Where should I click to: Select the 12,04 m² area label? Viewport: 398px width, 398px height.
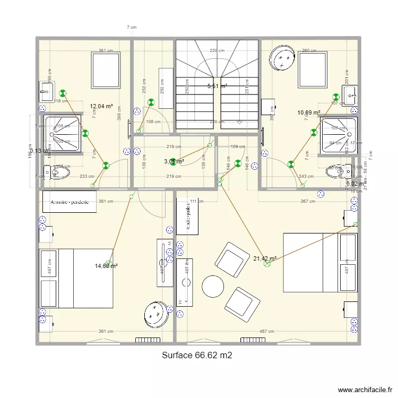pyautogui.click(x=101, y=106)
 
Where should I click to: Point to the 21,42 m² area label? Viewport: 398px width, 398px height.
pyautogui.click(x=265, y=259)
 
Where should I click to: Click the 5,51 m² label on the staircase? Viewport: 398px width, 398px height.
pyautogui.click(x=217, y=86)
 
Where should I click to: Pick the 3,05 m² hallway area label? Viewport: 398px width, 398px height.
pyautogui.click(x=174, y=161)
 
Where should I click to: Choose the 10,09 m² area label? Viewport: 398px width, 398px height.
pyautogui.click(x=308, y=113)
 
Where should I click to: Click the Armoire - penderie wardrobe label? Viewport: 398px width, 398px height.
pyautogui.click(x=70, y=202)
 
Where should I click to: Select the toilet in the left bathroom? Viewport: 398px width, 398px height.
pyautogui.click(x=57, y=172)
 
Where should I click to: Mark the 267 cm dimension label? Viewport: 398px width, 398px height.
pyautogui.click(x=308, y=201)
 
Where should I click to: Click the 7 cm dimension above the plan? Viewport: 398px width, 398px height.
pyautogui.click(x=132, y=27)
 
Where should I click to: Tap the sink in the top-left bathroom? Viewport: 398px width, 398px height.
pyautogui.click(x=46, y=92)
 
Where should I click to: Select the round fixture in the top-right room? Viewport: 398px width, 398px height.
pyautogui.click(x=282, y=58)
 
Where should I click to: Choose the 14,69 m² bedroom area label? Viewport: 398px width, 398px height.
pyautogui.click(x=106, y=266)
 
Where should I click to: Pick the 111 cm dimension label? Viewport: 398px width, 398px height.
pyautogui.click(x=197, y=201)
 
